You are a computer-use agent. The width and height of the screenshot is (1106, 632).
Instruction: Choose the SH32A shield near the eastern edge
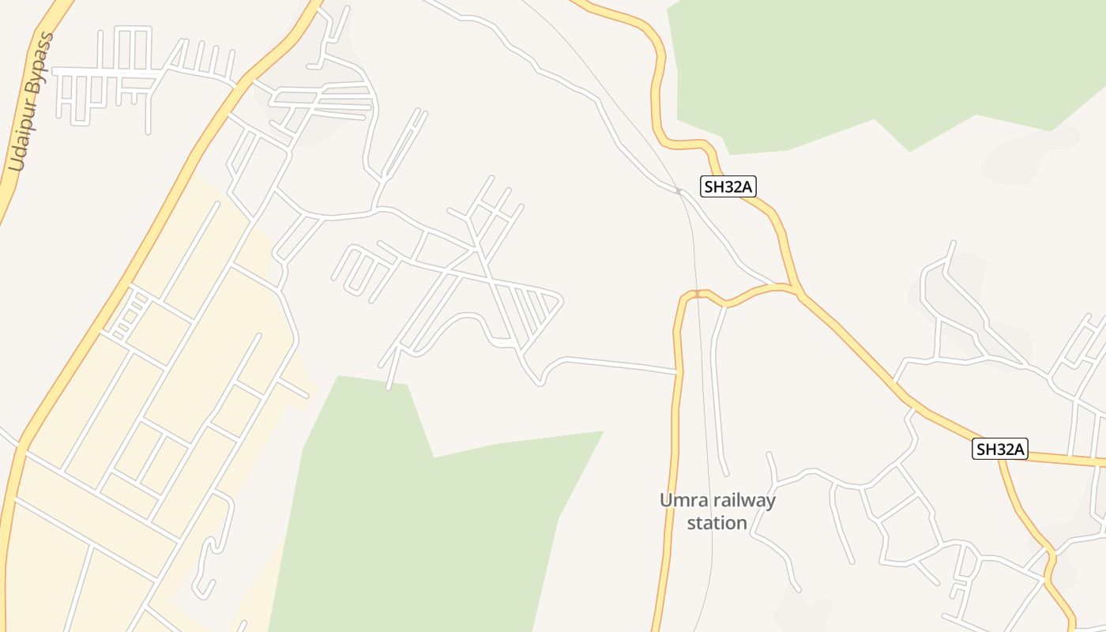pyautogui.click(x=1000, y=450)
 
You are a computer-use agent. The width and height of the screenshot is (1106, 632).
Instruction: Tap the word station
pyautogui.click(x=717, y=523)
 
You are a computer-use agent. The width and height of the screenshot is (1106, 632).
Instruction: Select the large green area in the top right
pyautogui.click(x=869, y=63)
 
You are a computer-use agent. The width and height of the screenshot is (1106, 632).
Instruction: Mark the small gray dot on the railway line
pyautogui.click(x=678, y=190)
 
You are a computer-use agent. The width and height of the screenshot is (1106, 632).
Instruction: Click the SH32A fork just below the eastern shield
pyautogui.click(x=1001, y=462)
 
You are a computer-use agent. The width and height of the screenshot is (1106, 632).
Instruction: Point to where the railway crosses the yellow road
pyautogui.click(x=697, y=295)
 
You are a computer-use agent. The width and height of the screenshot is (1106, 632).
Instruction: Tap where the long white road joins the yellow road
pyautogui.click(x=676, y=371)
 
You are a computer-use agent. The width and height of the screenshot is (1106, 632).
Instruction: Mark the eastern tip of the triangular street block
pyautogui.click(x=562, y=299)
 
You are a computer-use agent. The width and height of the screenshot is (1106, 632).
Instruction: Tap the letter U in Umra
pyautogui.click(x=666, y=500)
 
